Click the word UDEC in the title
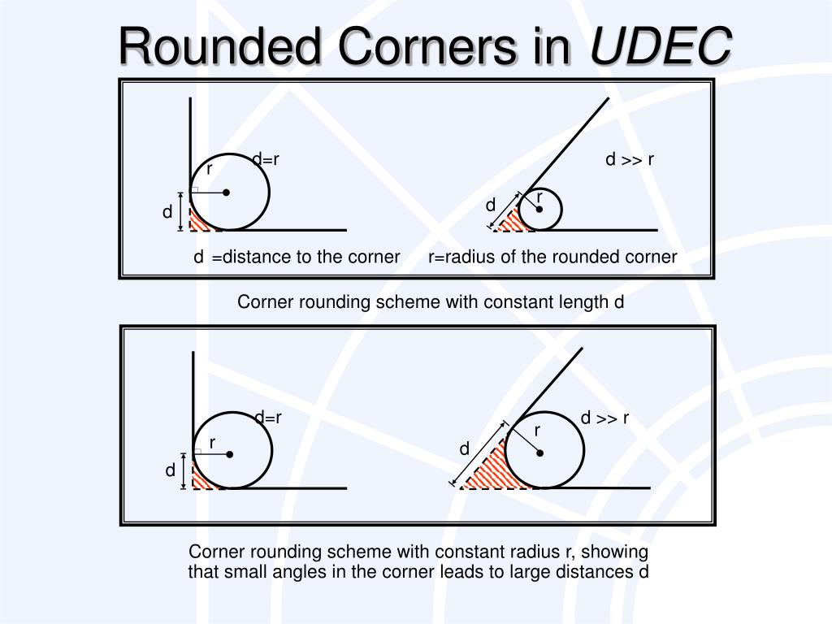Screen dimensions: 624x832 point(660,46)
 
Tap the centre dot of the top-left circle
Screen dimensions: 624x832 point(227,193)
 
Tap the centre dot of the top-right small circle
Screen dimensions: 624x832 point(539,209)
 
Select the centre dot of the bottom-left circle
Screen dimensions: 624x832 point(230,454)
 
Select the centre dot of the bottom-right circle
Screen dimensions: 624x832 point(539,453)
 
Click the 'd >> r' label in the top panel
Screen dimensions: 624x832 point(630,160)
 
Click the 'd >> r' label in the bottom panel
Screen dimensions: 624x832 point(605,418)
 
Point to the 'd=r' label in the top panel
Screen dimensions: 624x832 point(266,160)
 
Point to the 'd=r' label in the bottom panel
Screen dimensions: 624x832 point(268,418)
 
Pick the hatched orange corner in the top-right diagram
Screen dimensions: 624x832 point(511,222)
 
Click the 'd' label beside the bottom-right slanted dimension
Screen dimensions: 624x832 point(465,449)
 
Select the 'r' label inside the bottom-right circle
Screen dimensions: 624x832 point(537,430)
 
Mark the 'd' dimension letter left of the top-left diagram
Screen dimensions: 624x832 point(167,213)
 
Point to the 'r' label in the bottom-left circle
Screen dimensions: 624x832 point(211,443)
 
